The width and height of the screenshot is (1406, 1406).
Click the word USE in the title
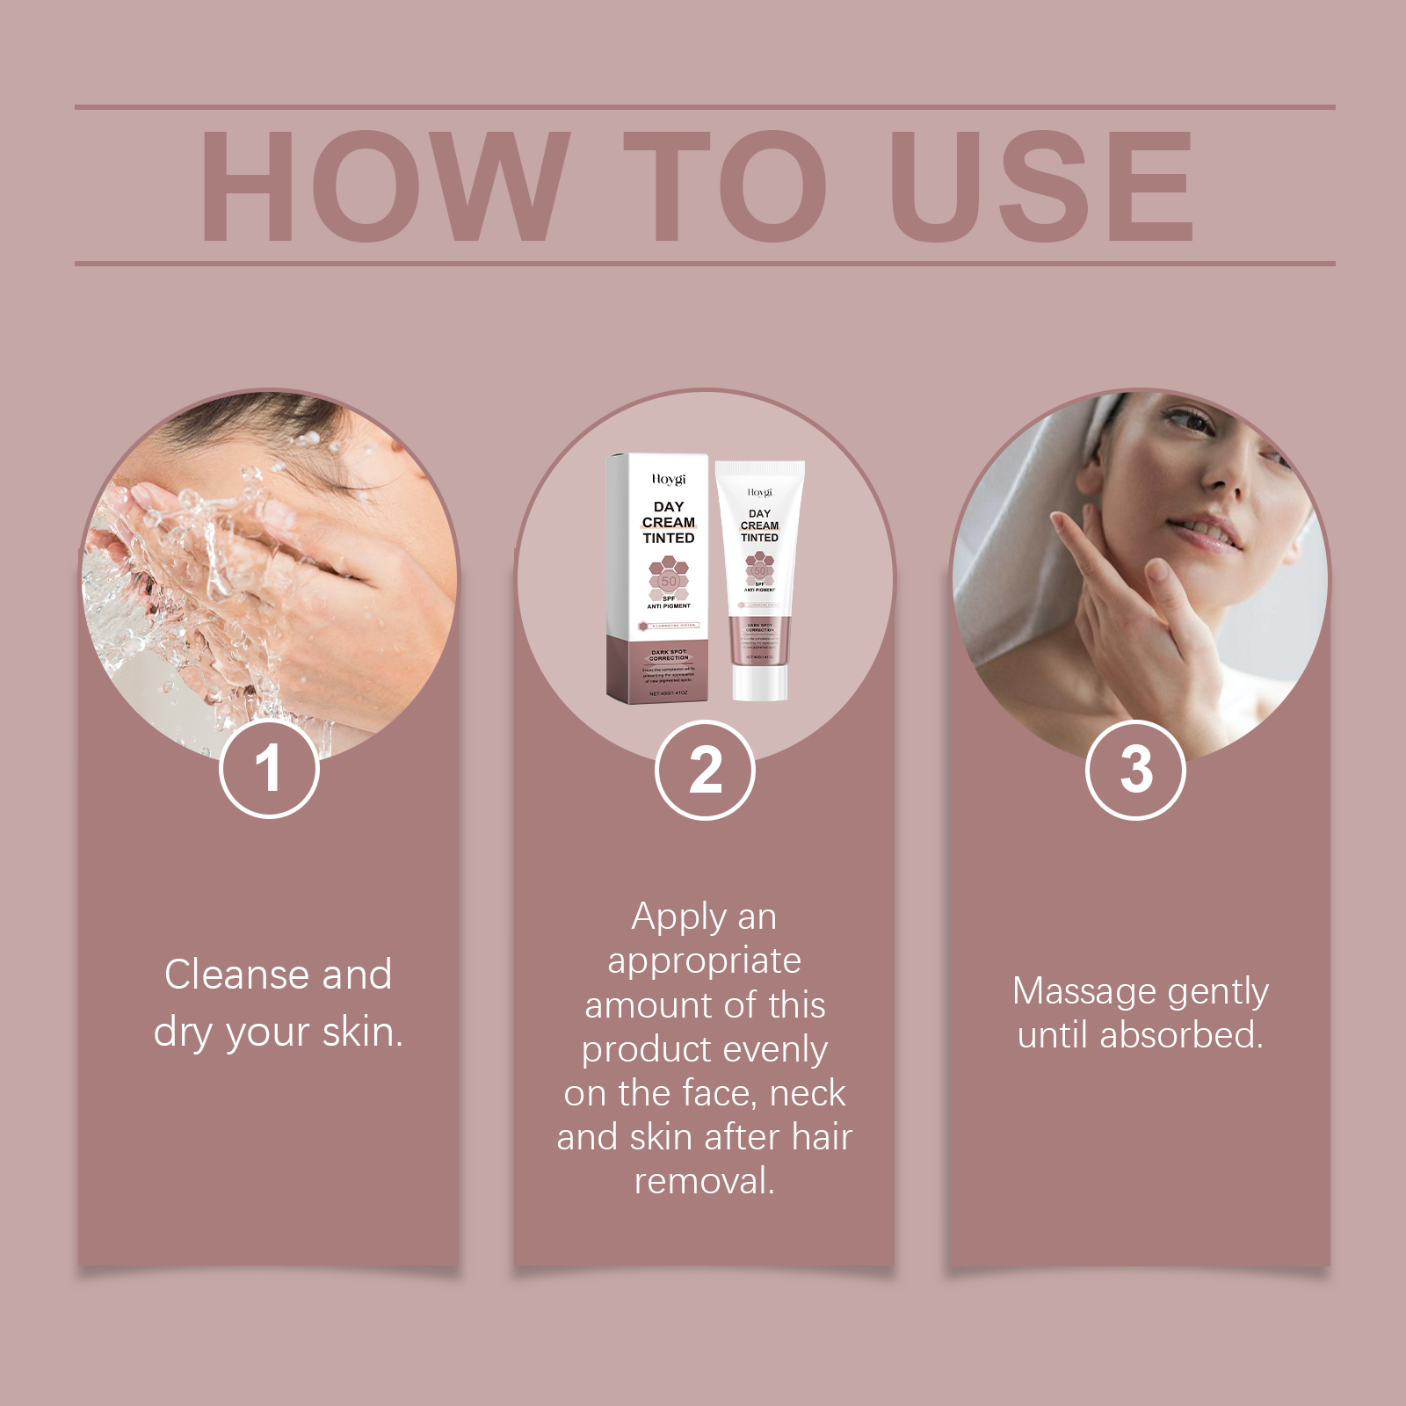1041,186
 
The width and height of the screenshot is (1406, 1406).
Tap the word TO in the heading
725,186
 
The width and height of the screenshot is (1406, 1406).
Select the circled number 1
269,769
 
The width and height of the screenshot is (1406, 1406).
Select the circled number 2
705,771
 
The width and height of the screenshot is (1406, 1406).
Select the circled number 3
1135,771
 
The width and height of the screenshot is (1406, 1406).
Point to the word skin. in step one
362,1032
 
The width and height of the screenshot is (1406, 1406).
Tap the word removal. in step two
705,1181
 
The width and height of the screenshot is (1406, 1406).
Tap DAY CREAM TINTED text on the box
669,522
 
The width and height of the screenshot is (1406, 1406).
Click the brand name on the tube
760,493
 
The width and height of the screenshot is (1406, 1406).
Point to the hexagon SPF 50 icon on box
669,578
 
